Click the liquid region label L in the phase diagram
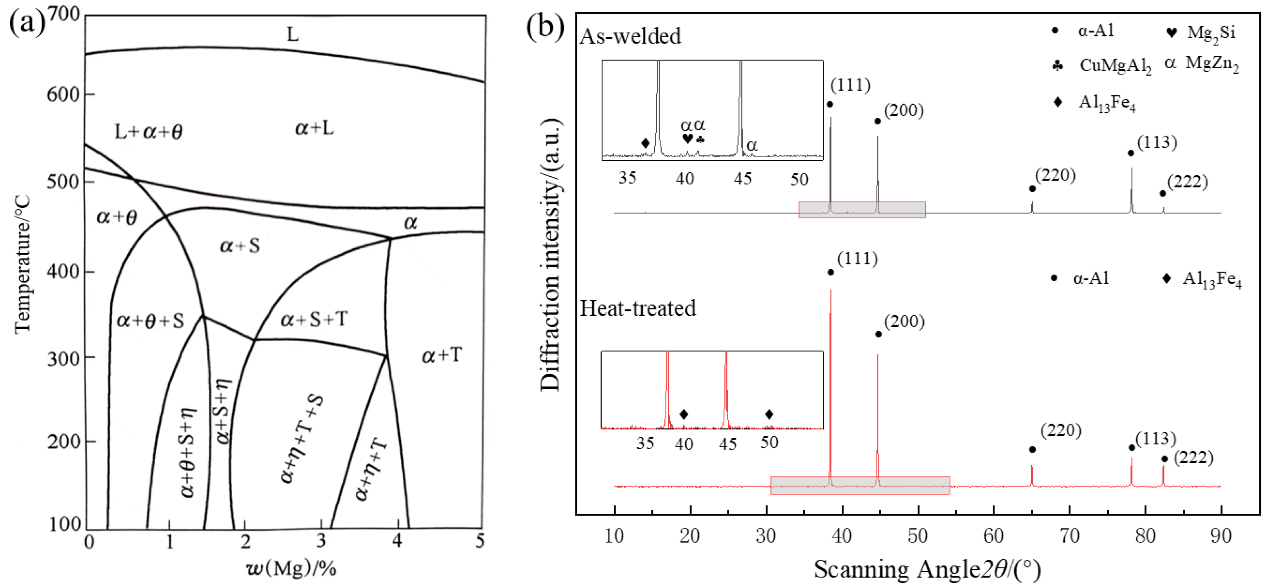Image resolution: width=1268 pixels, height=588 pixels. coord(292,35)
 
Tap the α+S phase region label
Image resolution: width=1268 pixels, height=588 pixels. coord(240,245)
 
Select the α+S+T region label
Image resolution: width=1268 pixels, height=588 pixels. coord(314,320)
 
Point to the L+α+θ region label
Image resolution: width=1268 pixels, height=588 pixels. coord(148,132)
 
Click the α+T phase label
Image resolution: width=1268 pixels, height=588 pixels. coord(442,355)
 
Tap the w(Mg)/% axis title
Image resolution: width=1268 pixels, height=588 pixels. coord(291,568)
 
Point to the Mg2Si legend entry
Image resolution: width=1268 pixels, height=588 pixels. coord(1210,33)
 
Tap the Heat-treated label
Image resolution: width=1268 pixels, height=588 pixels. coord(637,309)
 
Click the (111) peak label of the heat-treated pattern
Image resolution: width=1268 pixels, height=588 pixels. coord(857,259)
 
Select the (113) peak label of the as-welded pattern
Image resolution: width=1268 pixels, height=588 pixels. coord(1157,142)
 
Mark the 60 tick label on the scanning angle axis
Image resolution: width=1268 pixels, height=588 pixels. coord(993,536)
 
